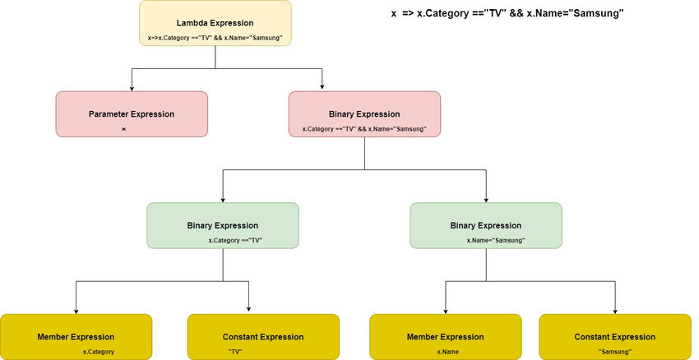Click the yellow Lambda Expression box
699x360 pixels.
pyautogui.click(x=215, y=24)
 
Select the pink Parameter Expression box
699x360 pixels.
pyautogui.click(x=132, y=113)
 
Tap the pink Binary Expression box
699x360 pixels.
pyautogui.click(x=364, y=113)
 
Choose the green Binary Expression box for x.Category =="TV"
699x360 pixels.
pyautogui.click(x=223, y=225)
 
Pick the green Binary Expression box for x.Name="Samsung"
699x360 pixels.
pyautogui.click(x=486, y=225)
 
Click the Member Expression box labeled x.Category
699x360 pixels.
pyautogui.click(x=76, y=337)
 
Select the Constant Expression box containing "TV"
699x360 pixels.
pyautogui.click(x=263, y=337)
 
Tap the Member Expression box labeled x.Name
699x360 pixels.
pyautogui.click(x=446, y=337)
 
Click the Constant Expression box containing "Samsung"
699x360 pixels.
pyautogui.click(x=615, y=337)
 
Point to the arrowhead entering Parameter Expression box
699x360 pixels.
pyautogui.click(x=132, y=87)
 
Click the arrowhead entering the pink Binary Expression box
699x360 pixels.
pyautogui.click(x=322, y=87)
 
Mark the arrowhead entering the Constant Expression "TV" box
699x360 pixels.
pyautogui.click(x=248, y=310)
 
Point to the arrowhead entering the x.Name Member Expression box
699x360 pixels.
pyautogui.click(x=446, y=310)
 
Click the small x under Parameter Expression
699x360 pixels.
pyautogui.click(x=123, y=130)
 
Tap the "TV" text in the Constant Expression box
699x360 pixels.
pyautogui.click(x=236, y=352)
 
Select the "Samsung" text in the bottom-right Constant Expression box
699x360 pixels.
pyautogui.click(x=615, y=352)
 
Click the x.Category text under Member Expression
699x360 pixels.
pyautogui.click(x=99, y=352)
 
